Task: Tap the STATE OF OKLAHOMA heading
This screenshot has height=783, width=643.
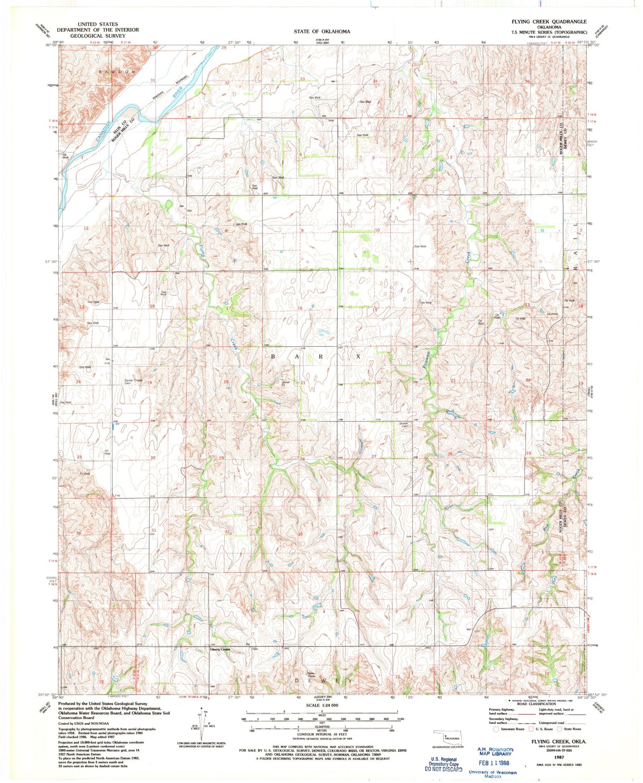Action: (322, 31)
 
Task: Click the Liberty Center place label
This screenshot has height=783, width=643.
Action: (220, 649)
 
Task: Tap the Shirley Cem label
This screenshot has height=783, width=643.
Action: (403, 425)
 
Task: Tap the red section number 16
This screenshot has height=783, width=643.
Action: (300, 308)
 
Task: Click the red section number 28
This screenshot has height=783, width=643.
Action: (302, 459)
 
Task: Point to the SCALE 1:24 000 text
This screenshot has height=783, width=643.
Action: (321, 705)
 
